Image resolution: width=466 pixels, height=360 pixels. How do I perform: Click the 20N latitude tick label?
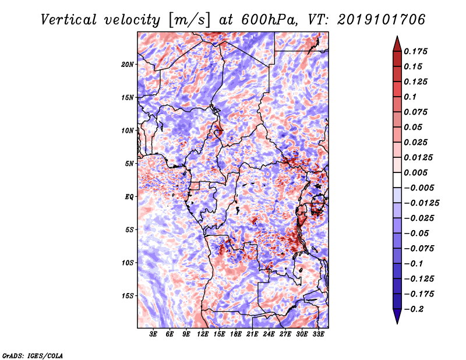pos(128,65)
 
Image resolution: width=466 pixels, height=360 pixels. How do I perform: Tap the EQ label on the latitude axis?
pos(129,197)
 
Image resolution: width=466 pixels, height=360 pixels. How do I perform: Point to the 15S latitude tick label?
pos(128,296)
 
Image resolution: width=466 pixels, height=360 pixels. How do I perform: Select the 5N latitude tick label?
pos(129,164)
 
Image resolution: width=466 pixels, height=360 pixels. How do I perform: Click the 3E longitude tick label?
pos(153,334)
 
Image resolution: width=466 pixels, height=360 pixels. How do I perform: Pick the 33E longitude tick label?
pos(318,334)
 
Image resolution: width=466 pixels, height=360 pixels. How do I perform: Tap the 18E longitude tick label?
pos(236,334)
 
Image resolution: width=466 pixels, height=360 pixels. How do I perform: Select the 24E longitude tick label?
pos(269,334)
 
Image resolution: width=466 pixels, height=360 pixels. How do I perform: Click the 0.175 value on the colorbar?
pos(415,51)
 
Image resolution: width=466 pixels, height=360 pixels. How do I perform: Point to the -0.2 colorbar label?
pos(414,309)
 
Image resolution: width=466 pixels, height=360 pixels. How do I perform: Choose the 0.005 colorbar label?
pos(415,172)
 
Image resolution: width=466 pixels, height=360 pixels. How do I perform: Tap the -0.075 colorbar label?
pos(419,249)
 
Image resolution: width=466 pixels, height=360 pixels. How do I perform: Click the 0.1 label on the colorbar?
pos(410,97)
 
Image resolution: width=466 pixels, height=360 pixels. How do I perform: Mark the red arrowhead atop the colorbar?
pos(397,44)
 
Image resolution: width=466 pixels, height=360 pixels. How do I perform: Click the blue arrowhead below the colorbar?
pos(397,316)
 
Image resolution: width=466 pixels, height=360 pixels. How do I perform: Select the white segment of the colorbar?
pos(397,180)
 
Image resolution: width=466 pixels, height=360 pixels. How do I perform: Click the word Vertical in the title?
pos(69,20)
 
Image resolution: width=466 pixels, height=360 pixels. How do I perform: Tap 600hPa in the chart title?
pos(269,20)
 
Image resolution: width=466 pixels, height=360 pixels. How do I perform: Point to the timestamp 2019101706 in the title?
pos(382,20)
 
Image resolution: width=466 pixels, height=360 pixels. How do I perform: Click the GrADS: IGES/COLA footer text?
pos(33,356)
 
